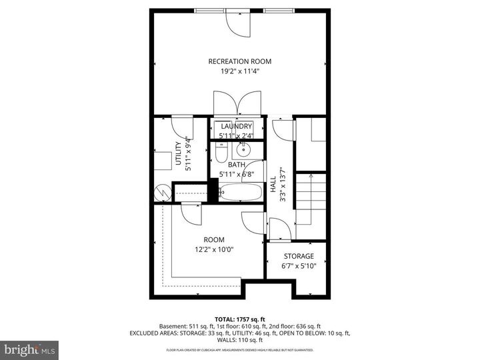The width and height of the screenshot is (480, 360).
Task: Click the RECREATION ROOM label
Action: pyautogui.click(x=240, y=61)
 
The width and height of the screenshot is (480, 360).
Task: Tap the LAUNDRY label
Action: pyautogui.click(x=237, y=127)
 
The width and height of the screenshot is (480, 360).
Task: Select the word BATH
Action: pyautogui.click(x=237, y=165)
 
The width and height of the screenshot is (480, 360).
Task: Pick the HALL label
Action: pyautogui.click(x=273, y=183)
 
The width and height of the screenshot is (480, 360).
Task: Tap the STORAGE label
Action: pyautogui.click(x=299, y=256)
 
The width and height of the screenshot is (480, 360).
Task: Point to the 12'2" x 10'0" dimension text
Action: pyautogui.click(x=214, y=249)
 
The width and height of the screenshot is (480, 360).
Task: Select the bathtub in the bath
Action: pyautogui.click(x=239, y=192)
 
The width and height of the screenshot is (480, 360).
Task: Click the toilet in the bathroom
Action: pyautogui.click(x=221, y=156)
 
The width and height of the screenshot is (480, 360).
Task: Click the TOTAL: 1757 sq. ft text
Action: pyautogui.click(x=240, y=319)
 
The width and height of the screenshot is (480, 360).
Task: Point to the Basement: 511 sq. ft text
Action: pyautogui.click(x=189, y=326)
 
